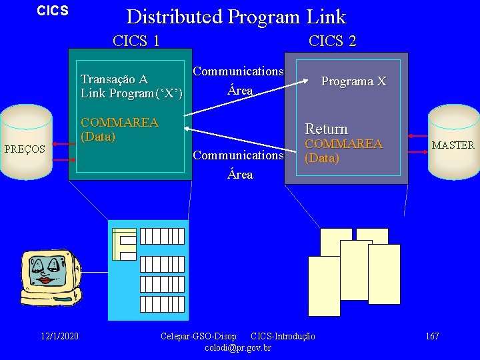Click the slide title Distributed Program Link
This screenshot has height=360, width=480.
[x=236, y=16]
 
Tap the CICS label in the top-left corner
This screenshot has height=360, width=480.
[x=53, y=11]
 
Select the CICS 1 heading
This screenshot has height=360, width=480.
[x=136, y=41]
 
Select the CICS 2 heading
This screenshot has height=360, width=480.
[x=332, y=41]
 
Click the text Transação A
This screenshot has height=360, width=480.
[x=114, y=79]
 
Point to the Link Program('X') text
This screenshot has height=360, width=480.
[x=131, y=93]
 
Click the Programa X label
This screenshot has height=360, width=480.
[x=353, y=81]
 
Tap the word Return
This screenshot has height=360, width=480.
[x=326, y=129]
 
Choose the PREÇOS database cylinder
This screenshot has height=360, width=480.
[x=25, y=142]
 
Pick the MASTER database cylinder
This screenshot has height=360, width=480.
[x=452, y=141]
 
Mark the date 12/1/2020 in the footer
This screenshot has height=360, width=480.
[x=59, y=336]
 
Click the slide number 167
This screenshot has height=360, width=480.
[x=432, y=336]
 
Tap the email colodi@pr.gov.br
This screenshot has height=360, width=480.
[x=238, y=348]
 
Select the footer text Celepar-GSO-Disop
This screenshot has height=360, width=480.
[x=199, y=336]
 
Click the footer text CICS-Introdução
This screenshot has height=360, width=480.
[x=283, y=336]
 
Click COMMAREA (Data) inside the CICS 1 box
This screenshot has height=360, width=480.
[x=119, y=129]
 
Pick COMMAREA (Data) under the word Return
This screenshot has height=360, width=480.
[x=343, y=151]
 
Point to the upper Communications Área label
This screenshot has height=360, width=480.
[x=238, y=80]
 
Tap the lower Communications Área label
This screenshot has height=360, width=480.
[x=238, y=165]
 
